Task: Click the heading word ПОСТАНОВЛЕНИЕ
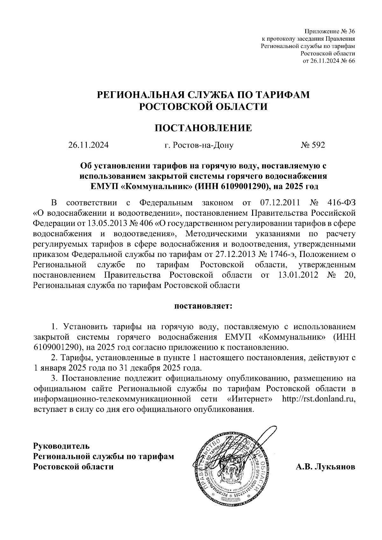[x=203, y=128]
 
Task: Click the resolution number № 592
[x=313, y=145]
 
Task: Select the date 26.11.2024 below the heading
[x=88, y=145]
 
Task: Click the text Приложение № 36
[x=330, y=31]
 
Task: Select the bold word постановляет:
[x=203, y=307]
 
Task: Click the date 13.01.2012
[x=298, y=275]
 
